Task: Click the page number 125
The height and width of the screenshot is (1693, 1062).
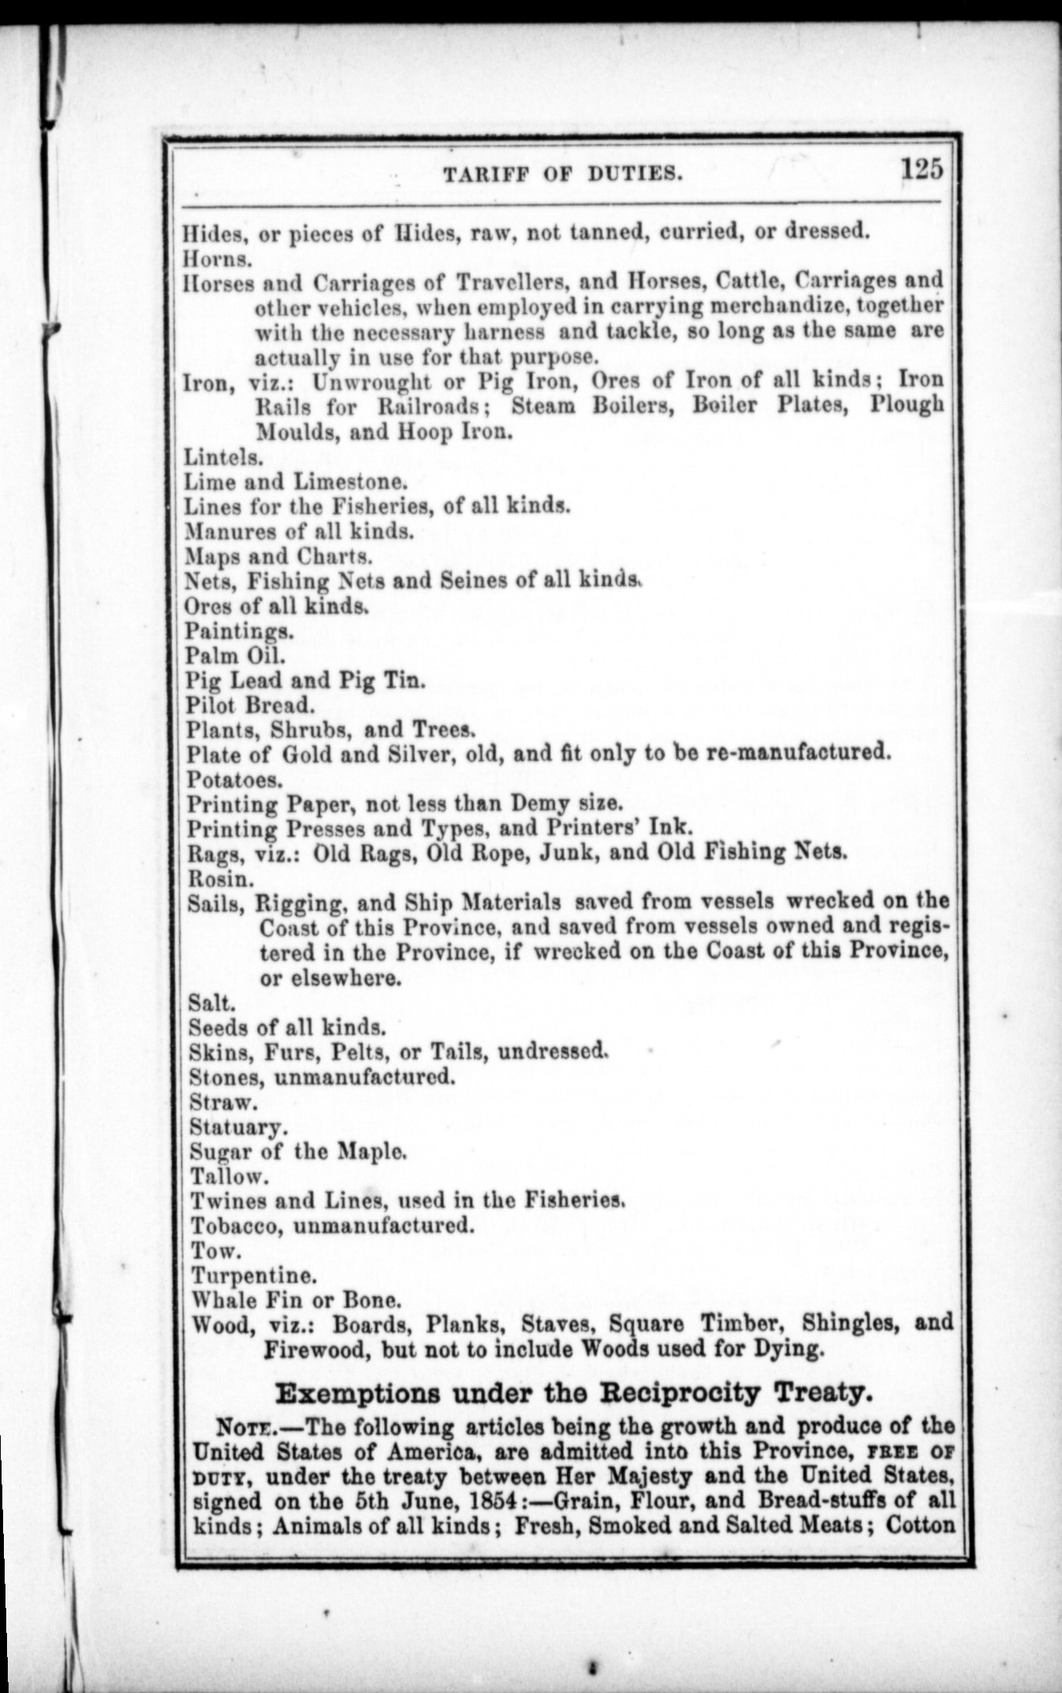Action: click(922, 169)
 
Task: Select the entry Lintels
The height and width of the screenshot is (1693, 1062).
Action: click(223, 456)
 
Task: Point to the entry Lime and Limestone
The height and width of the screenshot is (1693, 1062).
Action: click(295, 481)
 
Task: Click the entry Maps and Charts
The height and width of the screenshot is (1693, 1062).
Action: click(278, 556)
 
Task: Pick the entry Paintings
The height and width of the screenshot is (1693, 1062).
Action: click(239, 630)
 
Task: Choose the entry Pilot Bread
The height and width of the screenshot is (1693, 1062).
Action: click(250, 704)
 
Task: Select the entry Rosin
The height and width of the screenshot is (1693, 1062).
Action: click(221, 878)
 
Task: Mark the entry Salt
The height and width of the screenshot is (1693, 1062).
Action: click(211, 1002)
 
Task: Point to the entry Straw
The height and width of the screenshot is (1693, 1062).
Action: click(223, 1102)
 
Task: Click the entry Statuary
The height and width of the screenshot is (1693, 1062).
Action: click(237, 1127)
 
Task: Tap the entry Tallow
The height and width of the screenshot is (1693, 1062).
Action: click(230, 1176)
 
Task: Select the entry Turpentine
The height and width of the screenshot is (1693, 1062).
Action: click(254, 1275)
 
